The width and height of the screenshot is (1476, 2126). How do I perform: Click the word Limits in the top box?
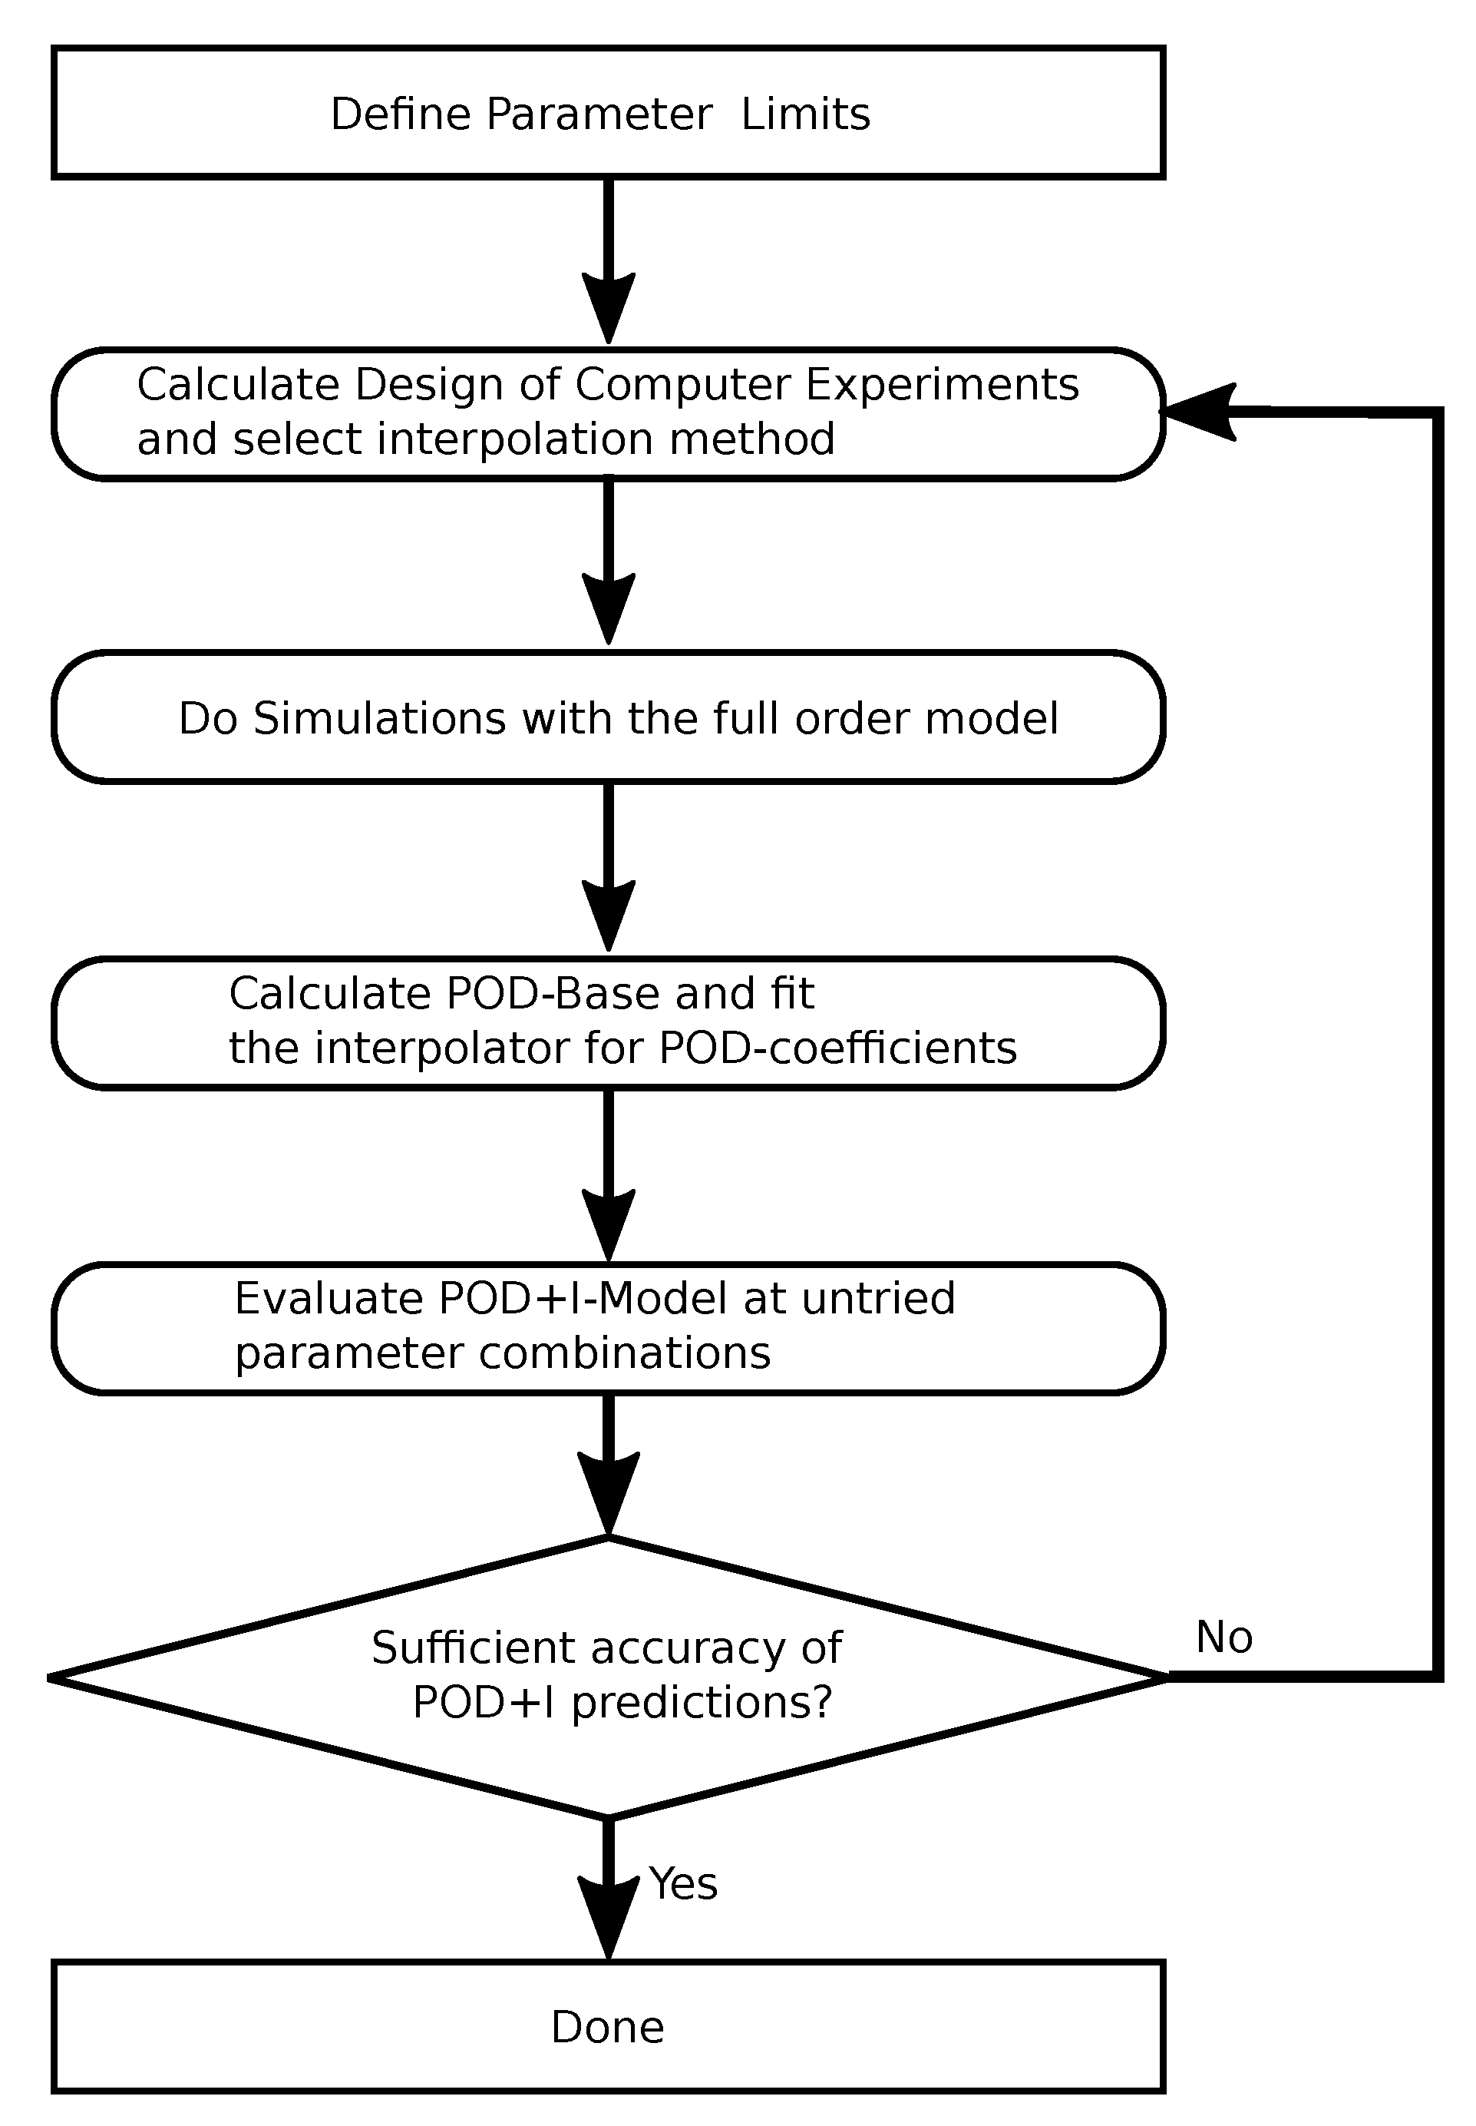805,114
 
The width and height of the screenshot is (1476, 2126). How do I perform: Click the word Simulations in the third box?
380,718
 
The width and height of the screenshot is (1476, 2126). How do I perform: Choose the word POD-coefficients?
838,1048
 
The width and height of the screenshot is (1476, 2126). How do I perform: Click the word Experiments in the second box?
943,384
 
